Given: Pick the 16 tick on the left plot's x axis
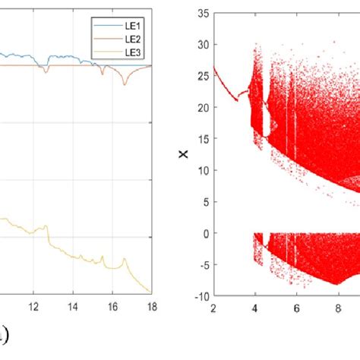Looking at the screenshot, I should (112, 308).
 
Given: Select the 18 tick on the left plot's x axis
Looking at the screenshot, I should (150, 308).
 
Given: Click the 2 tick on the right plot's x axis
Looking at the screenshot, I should (214, 308).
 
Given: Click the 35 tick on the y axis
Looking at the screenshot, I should (202, 13).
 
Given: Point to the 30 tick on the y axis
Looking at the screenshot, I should (202, 44).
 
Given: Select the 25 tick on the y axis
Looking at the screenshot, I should (202, 76).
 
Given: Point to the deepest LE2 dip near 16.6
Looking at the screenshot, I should (125, 84).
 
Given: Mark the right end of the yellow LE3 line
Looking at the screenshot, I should (150, 291).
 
